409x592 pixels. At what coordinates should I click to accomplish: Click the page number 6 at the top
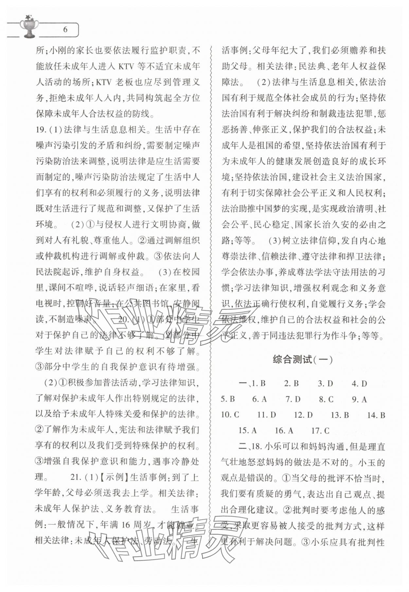coord(65,30)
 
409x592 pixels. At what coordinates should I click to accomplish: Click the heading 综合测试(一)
coord(303,360)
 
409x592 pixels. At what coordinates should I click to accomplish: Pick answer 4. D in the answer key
coord(359,383)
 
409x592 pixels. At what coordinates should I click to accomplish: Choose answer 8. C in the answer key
coord(326,399)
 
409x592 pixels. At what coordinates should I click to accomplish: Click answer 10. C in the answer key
coord(230,415)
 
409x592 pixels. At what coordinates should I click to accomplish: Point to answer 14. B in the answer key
coord(376,415)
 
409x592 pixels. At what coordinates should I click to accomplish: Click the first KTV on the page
coord(126,66)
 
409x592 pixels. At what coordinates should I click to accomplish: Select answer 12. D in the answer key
coord(303,415)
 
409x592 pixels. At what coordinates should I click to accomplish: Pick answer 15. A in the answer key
coord(248,431)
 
